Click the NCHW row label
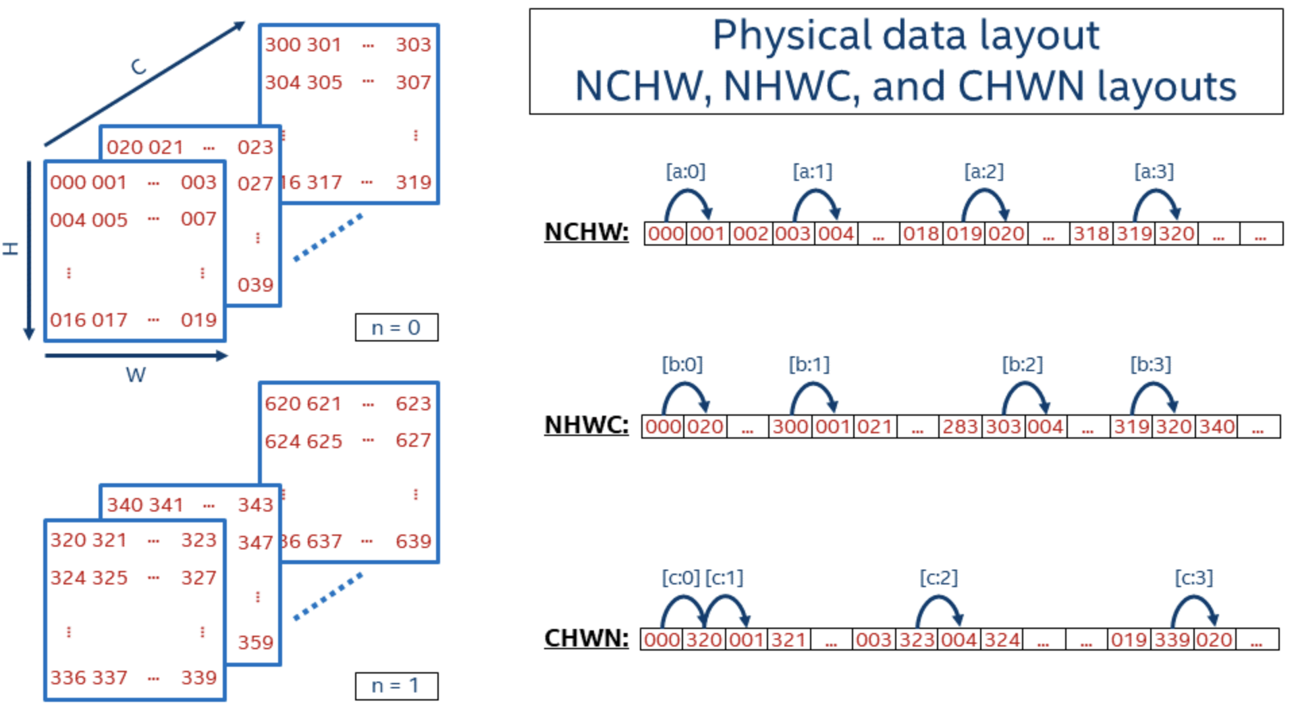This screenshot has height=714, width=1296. point(586,232)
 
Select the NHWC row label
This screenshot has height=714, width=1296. point(586,425)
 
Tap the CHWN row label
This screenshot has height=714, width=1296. point(586,638)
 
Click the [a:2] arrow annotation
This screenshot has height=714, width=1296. point(983,171)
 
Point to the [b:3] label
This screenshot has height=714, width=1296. point(1150,364)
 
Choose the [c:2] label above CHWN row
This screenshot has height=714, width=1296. point(938,578)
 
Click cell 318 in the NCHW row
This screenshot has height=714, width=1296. point(1091,234)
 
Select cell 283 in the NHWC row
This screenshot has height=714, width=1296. point(960,427)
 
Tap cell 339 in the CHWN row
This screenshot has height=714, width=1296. point(1172,640)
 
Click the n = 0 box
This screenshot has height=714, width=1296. point(396,327)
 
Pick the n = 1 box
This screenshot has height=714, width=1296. point(396,686)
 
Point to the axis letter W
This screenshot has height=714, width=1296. point(135,375)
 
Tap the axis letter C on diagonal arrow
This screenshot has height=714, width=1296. point(138,66)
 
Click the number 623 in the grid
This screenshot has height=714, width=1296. point(413,404)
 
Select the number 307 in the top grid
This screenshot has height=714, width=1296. point(413,82)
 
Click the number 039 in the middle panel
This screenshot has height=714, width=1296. point(255,285)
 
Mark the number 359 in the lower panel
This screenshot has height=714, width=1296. point(255,642)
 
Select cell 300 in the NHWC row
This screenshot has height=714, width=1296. point(790,427)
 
